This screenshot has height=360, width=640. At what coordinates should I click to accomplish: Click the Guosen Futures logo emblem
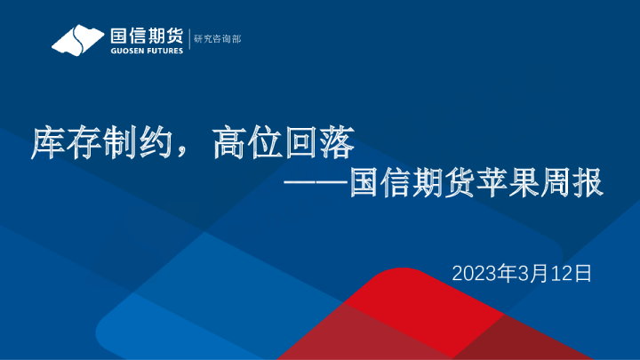pos(78,41)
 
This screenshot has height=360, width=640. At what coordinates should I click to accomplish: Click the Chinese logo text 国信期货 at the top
pos(147,36)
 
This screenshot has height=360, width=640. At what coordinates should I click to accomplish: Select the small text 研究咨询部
pos(217,40)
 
